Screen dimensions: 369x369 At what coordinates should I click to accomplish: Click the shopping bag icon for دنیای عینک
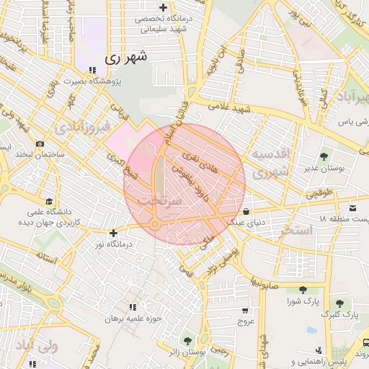[248, 212]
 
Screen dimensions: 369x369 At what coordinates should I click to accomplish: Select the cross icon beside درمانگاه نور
[113, 233]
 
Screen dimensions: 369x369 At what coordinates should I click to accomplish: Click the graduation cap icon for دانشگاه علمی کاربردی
[49, 201]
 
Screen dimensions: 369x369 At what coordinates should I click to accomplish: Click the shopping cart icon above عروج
[245, 311]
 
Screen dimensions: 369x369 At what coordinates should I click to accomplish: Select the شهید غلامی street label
[228, 107]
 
